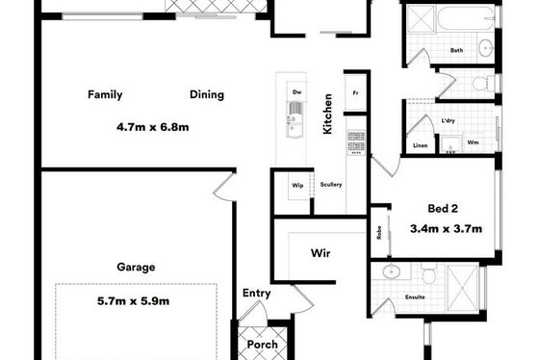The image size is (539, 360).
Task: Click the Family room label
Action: pos(105,94)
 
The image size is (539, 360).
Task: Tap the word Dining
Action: pos(207,95)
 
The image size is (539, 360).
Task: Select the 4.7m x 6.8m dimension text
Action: pos(153,127)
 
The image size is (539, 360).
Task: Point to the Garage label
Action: pos(136,268)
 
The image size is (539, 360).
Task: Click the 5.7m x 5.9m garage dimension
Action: pos(134,301)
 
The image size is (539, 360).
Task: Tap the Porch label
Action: pos(262,345)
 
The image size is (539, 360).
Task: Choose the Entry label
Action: pos(256,294)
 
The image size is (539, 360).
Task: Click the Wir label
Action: pos(321,253)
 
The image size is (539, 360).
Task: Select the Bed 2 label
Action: pos(443,208)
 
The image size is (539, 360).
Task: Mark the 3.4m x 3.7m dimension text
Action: pos(446,229)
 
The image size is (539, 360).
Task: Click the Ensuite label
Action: pos(415,297)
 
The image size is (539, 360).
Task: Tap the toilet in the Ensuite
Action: pos(428,273)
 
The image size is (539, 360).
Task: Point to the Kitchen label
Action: pos(327,114)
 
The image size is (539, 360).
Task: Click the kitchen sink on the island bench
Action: pos(295,119)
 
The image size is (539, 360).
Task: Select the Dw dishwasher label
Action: pos(297,92)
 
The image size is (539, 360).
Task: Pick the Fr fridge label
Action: pos(355,92)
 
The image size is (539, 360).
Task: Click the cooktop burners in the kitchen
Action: pos(356,142)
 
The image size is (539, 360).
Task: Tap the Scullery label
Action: pos(331,185)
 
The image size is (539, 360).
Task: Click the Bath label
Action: pos(456,50)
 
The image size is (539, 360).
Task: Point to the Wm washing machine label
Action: pos(473,142)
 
